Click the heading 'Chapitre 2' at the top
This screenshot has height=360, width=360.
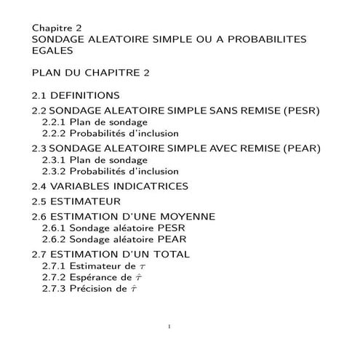pyautogui.click(x=56, y=27)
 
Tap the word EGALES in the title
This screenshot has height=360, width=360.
pyautogui.click(x=52, y=52)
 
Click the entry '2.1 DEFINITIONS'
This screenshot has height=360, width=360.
pyautogui.click(x=76, y=95)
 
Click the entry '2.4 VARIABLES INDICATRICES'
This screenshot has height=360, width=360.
pyautogui.click(x=110, y=186)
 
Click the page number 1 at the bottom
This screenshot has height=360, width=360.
pyautogui.click(x=169, y=327)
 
